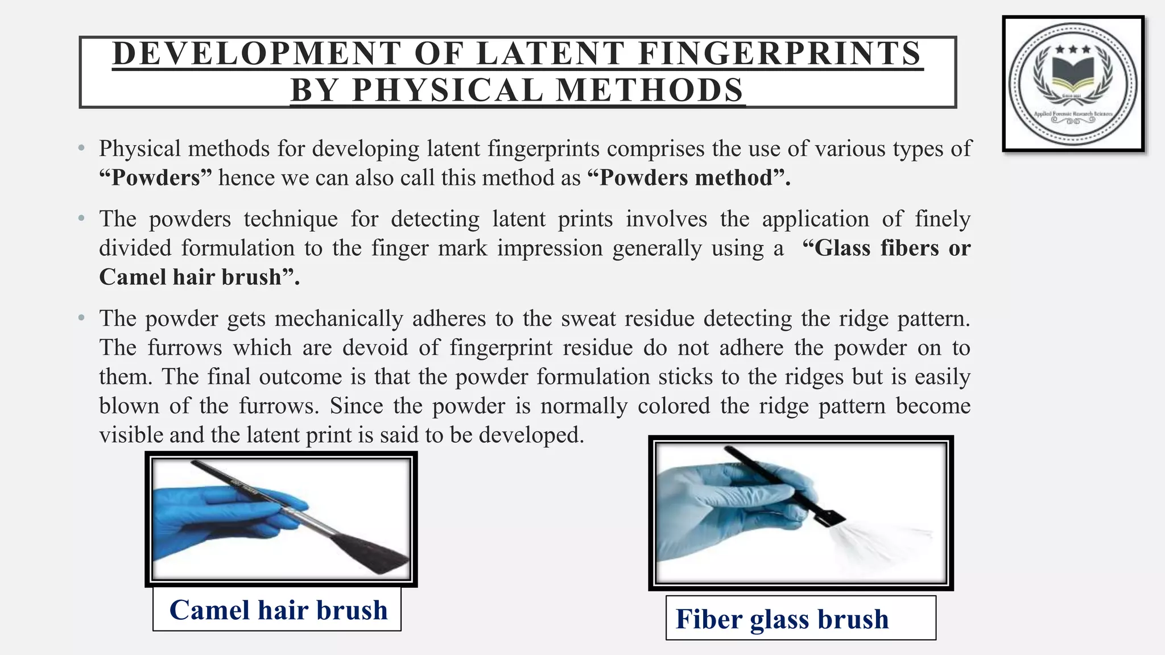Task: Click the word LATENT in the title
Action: click(x=551, y=53)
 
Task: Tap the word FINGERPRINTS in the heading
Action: click(x=779, y=53)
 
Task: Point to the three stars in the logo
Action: click(x=1073, y=50)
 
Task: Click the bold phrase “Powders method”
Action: click(x=688, y=178)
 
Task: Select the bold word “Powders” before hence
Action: click(x=155, y=178)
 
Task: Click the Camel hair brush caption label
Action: click(x=278, y=610)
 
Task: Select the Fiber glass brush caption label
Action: click(x=782, y=619)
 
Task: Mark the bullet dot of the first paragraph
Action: click(x=82, y=149)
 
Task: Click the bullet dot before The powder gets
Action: click(x=82, y=318)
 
